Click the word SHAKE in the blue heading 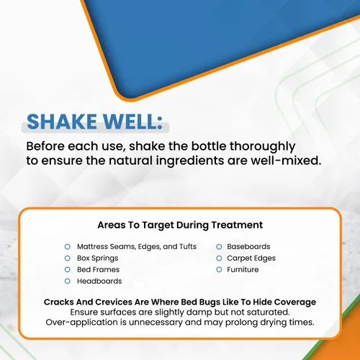62,122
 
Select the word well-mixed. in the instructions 286,161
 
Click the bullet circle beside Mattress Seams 68,247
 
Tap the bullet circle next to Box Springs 68,258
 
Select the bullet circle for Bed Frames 68,269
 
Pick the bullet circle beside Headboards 68,281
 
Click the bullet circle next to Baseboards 219,247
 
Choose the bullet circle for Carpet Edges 219,258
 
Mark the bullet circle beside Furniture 219,269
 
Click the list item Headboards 99,281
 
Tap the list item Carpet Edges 251,258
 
